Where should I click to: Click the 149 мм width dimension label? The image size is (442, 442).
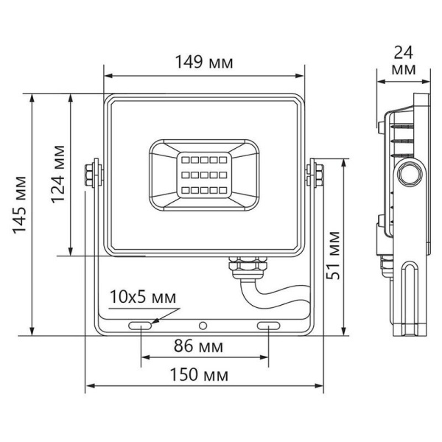pyautogui.click(x=204, y=62)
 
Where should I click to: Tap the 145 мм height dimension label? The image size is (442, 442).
pyautogui.click(x=20, y=205)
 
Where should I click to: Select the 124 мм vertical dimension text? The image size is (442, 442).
pyautogui.click(x=58, y=175)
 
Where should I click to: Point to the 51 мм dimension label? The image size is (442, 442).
pyautogui.click(x=333, y=256)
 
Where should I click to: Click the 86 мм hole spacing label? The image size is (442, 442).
pyautogui.click(x=198, y=346)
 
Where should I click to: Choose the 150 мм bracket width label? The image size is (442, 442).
pyautogui.click(x=199, y=375)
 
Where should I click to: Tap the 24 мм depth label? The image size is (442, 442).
pyautogui.click(x=404, y=60)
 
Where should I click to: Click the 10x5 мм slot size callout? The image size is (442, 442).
pyautogui.click(x=143, y=297)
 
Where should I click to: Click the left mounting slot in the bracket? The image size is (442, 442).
pyautogui.click(x=140, y=326)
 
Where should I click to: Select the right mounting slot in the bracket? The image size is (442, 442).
pyautogui.click(x=269, y=326)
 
